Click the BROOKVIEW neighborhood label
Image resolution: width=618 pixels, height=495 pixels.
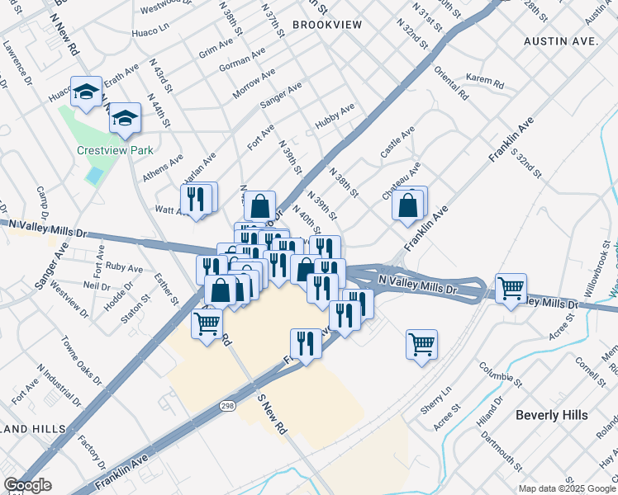point(327,25)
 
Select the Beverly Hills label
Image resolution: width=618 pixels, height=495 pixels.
point(551,415)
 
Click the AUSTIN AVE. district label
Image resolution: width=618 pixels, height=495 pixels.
point(560,40)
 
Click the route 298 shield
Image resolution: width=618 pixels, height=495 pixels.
point(228,406)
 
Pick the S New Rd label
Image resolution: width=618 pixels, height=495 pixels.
point(270,412)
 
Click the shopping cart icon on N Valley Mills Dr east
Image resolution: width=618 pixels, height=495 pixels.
point(511,288)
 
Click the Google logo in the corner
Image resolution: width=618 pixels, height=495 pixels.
point(27,485)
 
